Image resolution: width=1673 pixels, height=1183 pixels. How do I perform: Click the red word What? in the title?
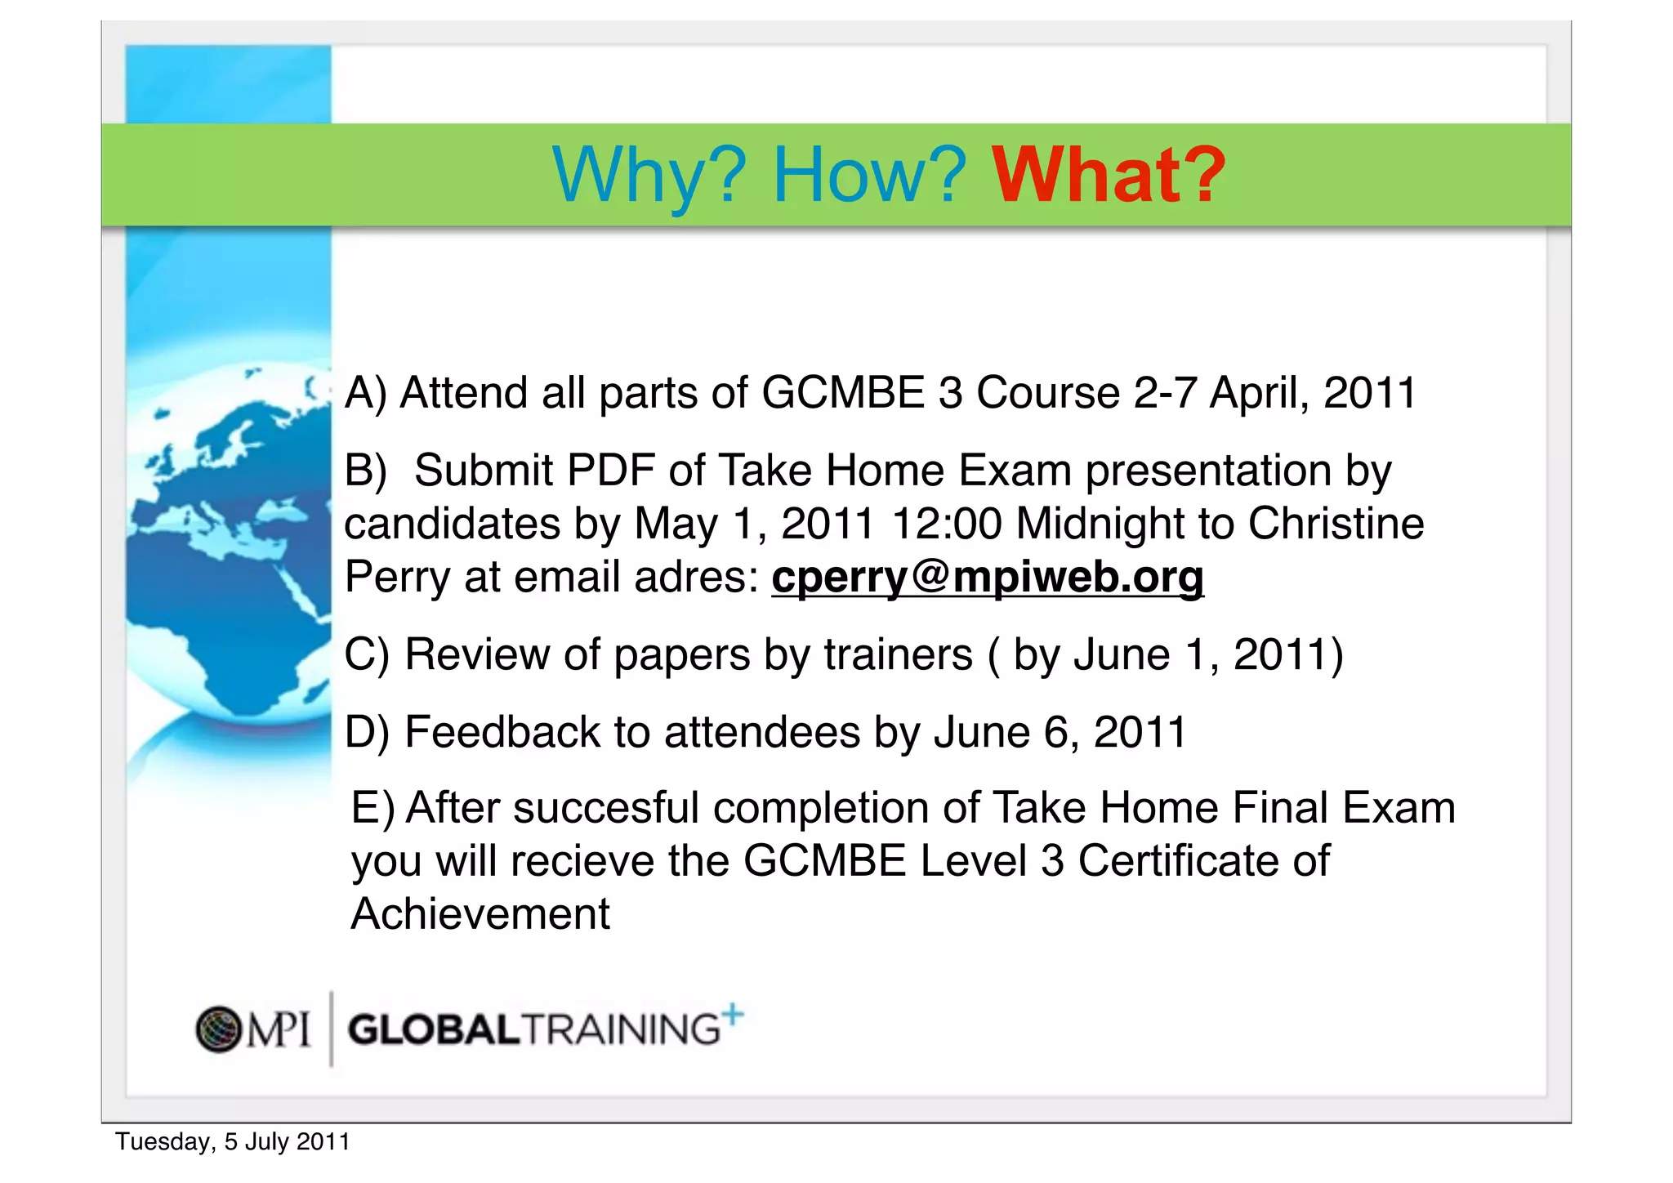[1108, 175]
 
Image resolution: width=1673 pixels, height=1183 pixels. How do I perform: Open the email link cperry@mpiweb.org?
[987, 577]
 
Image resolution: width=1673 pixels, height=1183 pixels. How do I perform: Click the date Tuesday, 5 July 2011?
[232, 1141]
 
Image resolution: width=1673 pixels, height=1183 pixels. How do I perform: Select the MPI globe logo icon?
[219, 1029]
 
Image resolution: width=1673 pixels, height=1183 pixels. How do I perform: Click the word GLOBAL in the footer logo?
[434, 1029]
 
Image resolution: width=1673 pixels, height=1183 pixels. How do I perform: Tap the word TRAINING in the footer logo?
[621, 1029]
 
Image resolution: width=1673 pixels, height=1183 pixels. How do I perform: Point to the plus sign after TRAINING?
[733, 1014]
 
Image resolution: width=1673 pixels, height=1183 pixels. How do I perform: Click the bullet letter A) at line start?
[365, 393]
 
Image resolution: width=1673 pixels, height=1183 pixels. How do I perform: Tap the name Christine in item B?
[1336, 524]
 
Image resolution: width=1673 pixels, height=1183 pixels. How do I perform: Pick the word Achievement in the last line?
[480, 913]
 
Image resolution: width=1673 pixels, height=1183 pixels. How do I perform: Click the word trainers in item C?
[898, 654]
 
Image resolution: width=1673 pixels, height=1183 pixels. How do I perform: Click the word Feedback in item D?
[502, 731]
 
